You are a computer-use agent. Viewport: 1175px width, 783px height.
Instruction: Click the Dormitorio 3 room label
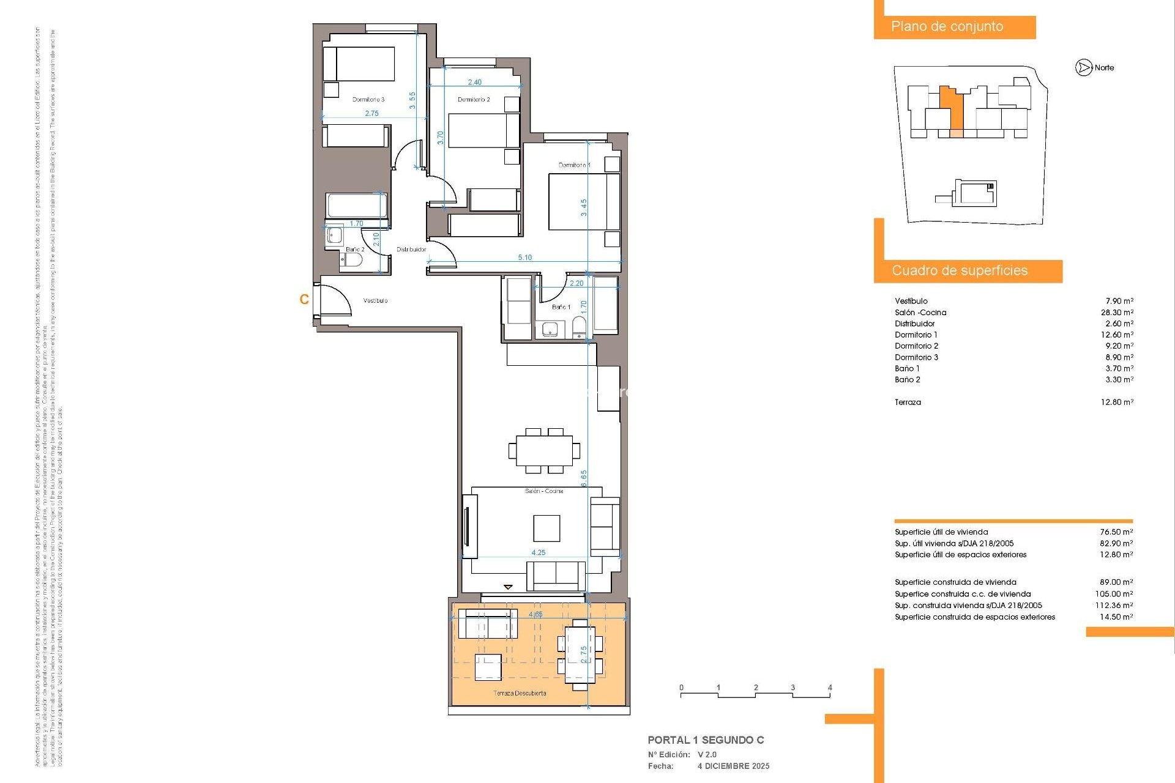(x=368, y=99)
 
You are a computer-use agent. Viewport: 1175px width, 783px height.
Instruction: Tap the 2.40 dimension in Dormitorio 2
(x=474, y=82)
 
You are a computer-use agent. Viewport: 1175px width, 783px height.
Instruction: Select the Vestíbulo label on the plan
(x=375, y=300)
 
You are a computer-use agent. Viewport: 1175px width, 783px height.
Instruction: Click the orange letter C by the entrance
(x=304, y=299)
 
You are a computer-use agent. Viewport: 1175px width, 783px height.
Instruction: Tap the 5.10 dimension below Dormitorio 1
(x=524, y=258)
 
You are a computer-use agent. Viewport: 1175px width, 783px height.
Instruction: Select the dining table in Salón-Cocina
(x=544, y=450)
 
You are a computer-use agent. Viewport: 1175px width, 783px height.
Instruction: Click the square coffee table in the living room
(x=546, y=528)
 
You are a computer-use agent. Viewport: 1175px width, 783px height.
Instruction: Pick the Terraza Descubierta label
(x=520, y=693)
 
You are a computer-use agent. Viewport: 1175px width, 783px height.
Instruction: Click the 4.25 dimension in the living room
(x=538, y=552)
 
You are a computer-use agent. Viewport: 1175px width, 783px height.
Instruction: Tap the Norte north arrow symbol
(x=1084, y=68)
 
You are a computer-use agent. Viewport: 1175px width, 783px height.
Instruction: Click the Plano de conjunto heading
(x=947, y=26)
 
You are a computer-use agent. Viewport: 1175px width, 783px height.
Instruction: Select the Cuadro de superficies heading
(x=960, y=270)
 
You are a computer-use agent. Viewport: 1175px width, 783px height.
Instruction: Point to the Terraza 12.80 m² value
(x=1117, y=402)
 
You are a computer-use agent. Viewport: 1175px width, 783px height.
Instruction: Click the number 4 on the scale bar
(x=830, y=688)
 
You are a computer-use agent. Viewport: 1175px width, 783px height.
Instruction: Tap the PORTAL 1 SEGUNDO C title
(x=706, y=740)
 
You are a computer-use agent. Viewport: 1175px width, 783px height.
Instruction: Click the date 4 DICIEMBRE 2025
(x=733, y=766)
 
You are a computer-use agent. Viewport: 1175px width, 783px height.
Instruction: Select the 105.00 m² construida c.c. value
(x=1114, y=593)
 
